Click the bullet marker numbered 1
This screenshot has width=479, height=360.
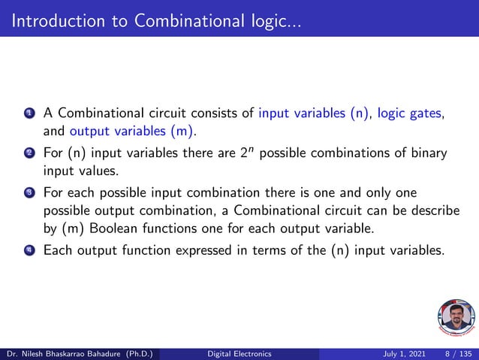(28, 115)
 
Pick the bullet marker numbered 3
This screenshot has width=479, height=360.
(28, 194)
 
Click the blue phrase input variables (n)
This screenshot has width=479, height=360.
(315, 114)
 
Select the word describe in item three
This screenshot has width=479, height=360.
(424, 211)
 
